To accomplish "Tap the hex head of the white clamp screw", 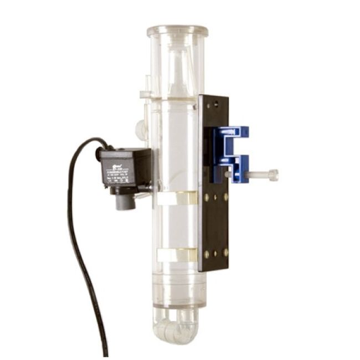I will tap(272, 176).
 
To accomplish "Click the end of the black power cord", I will tap(106, 351).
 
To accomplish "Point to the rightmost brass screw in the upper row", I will tap(226, 197).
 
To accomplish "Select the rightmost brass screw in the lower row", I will tap(226, 253).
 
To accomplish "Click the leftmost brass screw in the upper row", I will tap(206, 197).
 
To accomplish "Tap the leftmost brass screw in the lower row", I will tap(206, 254).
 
